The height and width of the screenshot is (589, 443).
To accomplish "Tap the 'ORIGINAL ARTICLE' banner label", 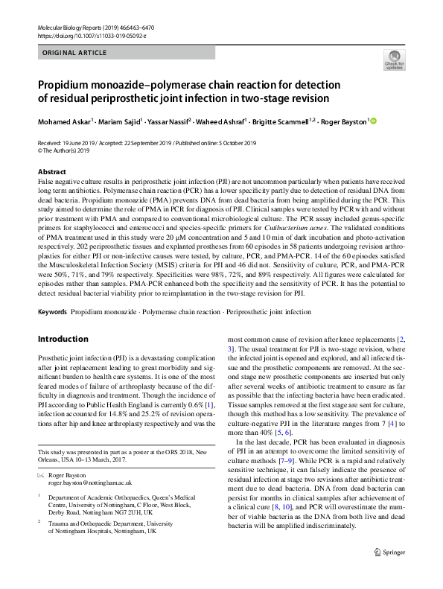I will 71,54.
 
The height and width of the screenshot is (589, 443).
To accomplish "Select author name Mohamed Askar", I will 64,121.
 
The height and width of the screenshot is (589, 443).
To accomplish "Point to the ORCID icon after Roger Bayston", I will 373,121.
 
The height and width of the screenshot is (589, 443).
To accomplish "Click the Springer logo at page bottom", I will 387,573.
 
